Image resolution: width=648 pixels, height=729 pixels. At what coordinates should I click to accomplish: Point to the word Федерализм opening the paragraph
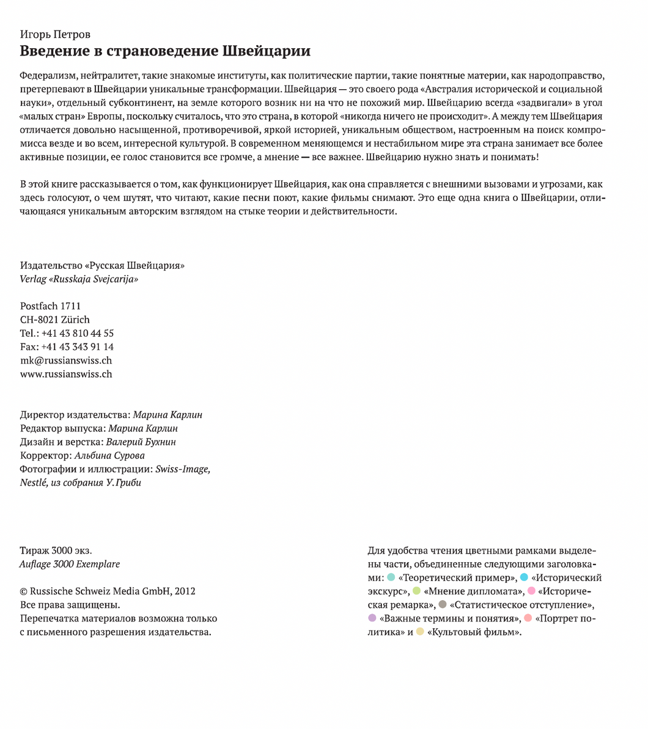point(46,76)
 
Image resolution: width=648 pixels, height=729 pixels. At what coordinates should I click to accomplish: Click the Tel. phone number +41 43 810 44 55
point(78,334)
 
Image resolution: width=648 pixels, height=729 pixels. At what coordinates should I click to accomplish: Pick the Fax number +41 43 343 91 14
point(78,347)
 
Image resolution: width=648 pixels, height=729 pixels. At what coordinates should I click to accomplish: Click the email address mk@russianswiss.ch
point(66,361)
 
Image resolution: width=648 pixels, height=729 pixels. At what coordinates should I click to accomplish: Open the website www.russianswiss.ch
point(66,374)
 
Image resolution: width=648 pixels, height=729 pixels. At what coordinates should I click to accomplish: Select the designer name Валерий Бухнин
point(141,442)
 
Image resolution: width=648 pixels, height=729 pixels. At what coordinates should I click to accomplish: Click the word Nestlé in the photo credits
point(34,483)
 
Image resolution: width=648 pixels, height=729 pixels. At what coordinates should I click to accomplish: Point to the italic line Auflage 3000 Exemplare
point(70,564)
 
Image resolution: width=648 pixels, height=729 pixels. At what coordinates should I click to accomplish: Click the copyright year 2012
point(185,592)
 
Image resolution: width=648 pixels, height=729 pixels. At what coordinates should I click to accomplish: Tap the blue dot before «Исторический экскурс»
point(524,577)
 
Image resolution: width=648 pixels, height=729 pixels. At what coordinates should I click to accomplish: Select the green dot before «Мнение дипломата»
point(416,591)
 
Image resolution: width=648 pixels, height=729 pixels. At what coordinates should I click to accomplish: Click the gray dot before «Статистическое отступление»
point(442,604)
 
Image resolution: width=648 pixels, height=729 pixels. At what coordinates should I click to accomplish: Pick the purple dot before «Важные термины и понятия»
point(372,618)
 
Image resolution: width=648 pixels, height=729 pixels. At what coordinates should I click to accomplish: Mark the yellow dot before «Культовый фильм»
point(420,632)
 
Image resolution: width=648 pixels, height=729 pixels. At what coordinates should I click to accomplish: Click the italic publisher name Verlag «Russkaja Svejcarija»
point(79,279)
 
